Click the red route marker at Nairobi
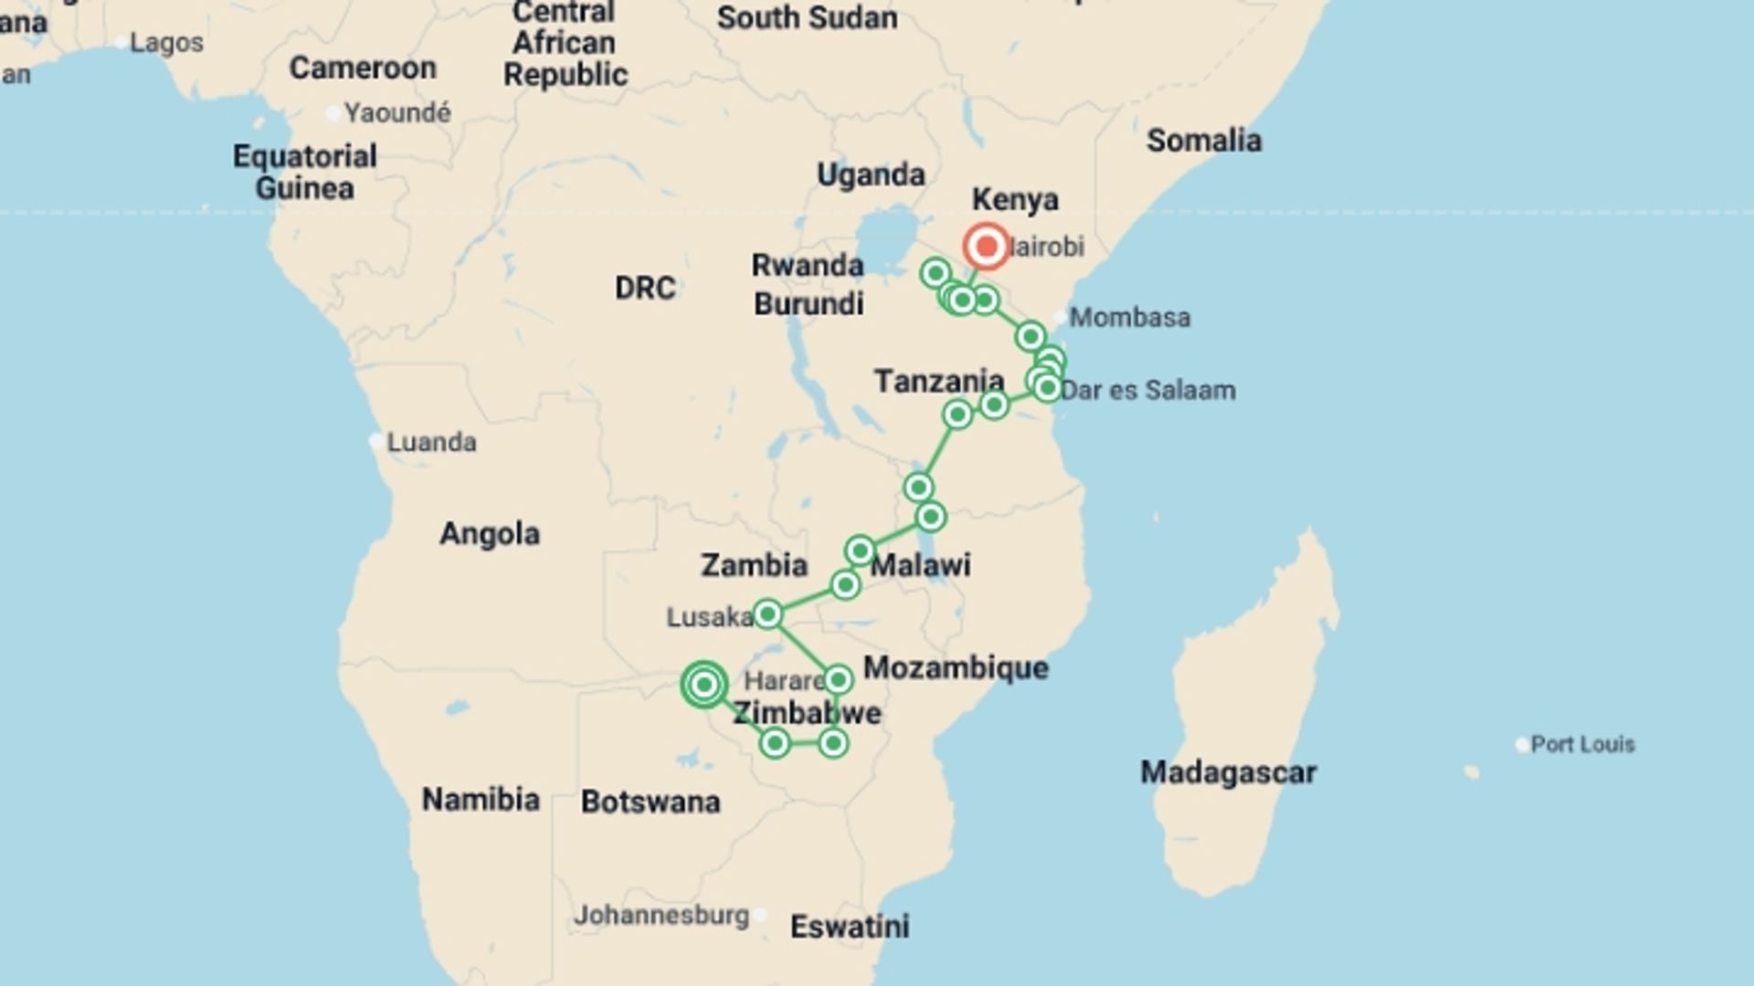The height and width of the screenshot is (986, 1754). point(986,246)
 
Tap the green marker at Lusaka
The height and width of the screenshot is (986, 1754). point(767,614)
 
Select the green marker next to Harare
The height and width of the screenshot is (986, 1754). point(838,679)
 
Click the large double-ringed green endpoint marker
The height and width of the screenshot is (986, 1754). point(703,684)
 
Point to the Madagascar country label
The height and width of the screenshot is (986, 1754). point(1227,772)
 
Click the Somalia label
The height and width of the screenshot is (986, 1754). point(1203,141)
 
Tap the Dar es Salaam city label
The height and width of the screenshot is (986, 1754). point(1147,391)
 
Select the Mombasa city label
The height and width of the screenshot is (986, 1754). point(1129,318)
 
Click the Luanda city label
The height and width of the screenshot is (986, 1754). point(431,443)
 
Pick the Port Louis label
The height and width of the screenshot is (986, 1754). point(1582,744)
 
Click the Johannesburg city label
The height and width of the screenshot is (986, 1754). point(660,915)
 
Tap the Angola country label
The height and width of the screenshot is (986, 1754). point(490,533)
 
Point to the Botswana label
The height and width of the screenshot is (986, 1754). point(650,802)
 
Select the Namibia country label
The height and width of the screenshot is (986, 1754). point(481,800)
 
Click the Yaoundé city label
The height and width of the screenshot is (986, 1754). point(397,113)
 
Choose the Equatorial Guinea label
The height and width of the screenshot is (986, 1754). point(304,172)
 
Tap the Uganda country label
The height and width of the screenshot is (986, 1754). point(870,174)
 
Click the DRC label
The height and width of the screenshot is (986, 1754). point(645,288)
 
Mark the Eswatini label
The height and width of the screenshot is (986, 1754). point(849,927)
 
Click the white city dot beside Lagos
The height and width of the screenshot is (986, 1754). point(121,42)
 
